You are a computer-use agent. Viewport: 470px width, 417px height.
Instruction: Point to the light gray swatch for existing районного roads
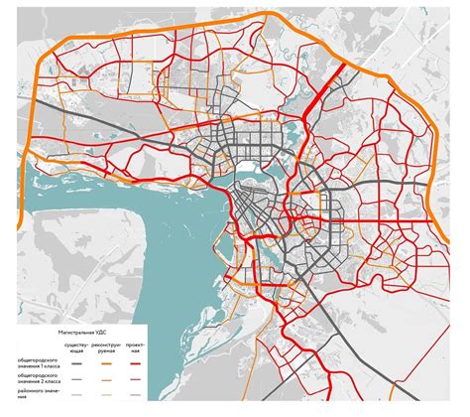pyautogui.click(x=75, y=394)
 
